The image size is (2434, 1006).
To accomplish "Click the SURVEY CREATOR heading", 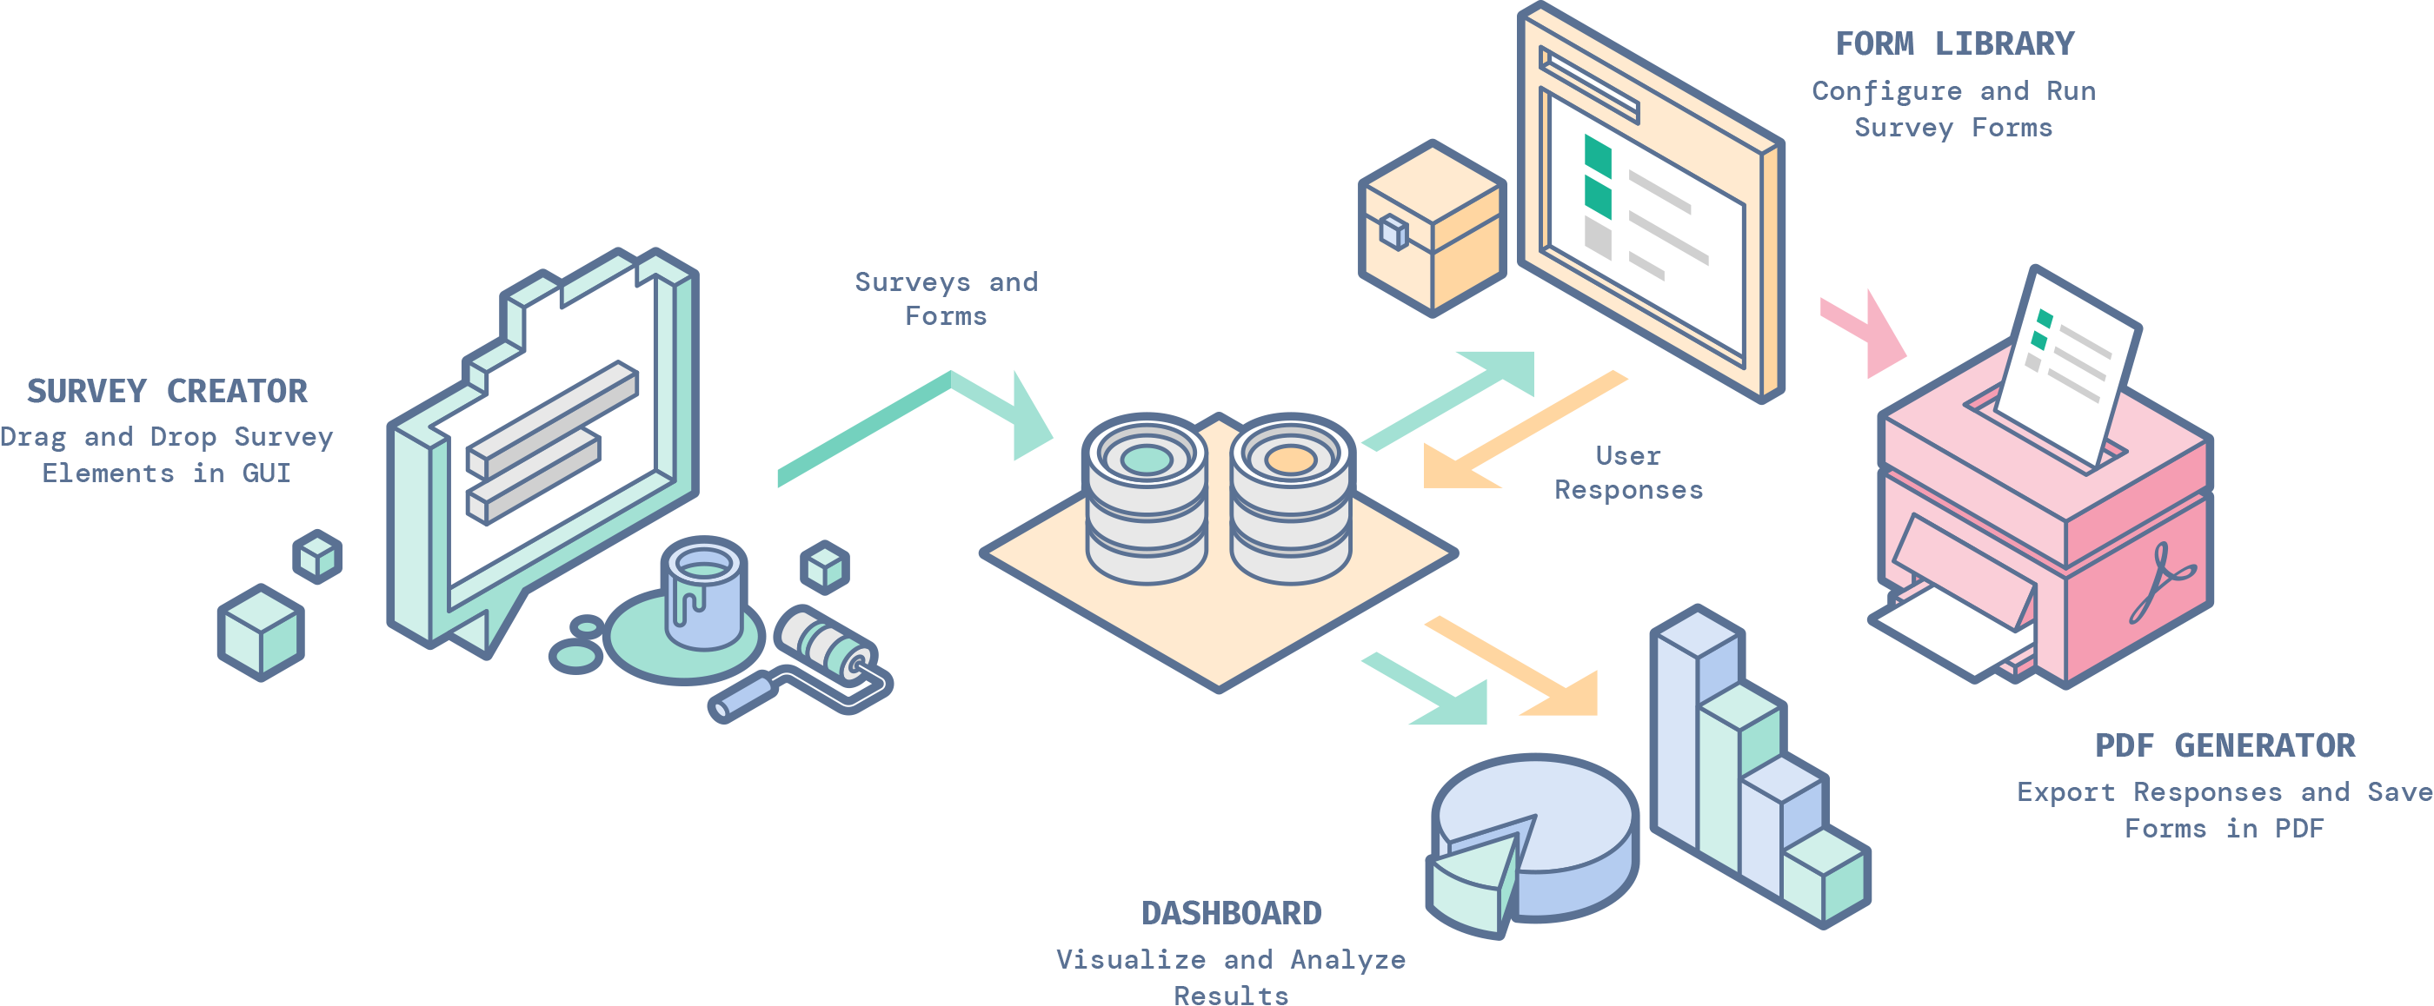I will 167,391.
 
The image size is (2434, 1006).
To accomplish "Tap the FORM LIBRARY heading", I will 1954,43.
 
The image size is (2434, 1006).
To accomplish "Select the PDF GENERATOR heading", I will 2225,745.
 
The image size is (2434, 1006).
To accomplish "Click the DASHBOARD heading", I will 1231,912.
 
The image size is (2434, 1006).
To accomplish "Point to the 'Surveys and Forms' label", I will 946,299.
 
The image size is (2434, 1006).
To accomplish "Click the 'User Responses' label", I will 1628,473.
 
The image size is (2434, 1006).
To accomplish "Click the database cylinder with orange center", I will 1291,500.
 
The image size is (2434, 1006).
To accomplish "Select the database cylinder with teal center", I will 1145,500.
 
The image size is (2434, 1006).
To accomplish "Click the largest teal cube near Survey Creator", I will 261,633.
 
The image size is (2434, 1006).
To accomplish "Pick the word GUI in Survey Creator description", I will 267,473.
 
